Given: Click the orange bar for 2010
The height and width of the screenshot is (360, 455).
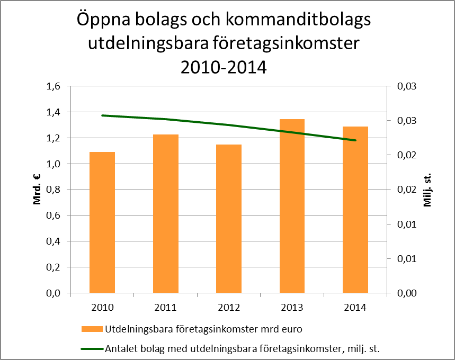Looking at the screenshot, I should pos(102,222).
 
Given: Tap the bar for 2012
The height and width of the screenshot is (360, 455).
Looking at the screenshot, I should pos(229,219).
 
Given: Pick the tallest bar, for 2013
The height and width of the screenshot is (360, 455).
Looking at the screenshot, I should pos(292,206).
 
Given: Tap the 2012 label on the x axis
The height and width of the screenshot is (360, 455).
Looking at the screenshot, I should pos(229,307).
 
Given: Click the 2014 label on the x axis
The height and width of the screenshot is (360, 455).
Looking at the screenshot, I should pos(355,307).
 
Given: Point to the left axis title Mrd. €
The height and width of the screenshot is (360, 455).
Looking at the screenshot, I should pos(38,190).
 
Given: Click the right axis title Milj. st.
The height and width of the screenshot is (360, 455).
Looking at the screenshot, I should pos(428,190).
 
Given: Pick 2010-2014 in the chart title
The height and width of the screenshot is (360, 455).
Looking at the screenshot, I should pos(223,67).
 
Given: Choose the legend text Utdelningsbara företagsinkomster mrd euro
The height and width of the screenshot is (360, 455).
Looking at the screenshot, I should pos(204,329).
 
